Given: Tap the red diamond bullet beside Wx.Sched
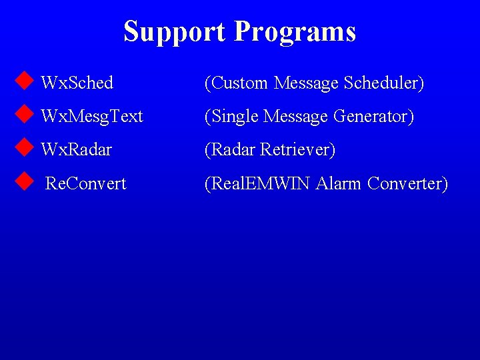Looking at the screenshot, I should (24, 81).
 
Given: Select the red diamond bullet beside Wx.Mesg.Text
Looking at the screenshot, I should (24, 115).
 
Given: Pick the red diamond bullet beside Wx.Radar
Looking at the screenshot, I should (24, 148).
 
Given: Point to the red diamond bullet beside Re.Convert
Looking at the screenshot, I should (24, 181).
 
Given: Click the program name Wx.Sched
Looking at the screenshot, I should (77, 83).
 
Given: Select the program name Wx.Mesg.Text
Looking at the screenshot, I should (92, 117).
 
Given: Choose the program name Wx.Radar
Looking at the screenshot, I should (76, 150).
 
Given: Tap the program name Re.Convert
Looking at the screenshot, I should (85, 183).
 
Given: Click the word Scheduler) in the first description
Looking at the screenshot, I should (384, 83).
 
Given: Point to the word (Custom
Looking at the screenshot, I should (237, 83).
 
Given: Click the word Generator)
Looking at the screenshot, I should (374, 117).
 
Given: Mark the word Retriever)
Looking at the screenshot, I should (298, 150).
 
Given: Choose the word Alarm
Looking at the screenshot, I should (339, 183).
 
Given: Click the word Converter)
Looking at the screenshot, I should (408, 183).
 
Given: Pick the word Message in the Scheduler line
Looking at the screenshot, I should (307, 83).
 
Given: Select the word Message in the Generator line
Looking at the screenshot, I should (296, 117).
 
